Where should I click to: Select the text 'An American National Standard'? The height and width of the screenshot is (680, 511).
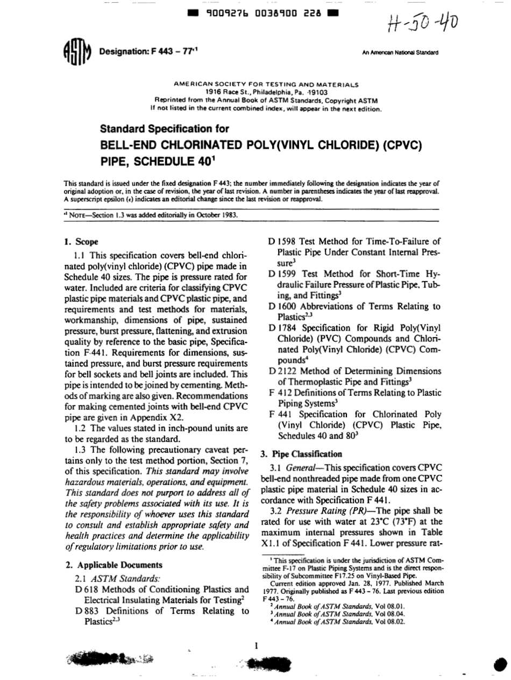pos(401,53)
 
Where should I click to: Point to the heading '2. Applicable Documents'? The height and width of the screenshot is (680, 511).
pos(113,565)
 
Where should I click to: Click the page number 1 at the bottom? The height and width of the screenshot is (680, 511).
pos(257,646)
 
